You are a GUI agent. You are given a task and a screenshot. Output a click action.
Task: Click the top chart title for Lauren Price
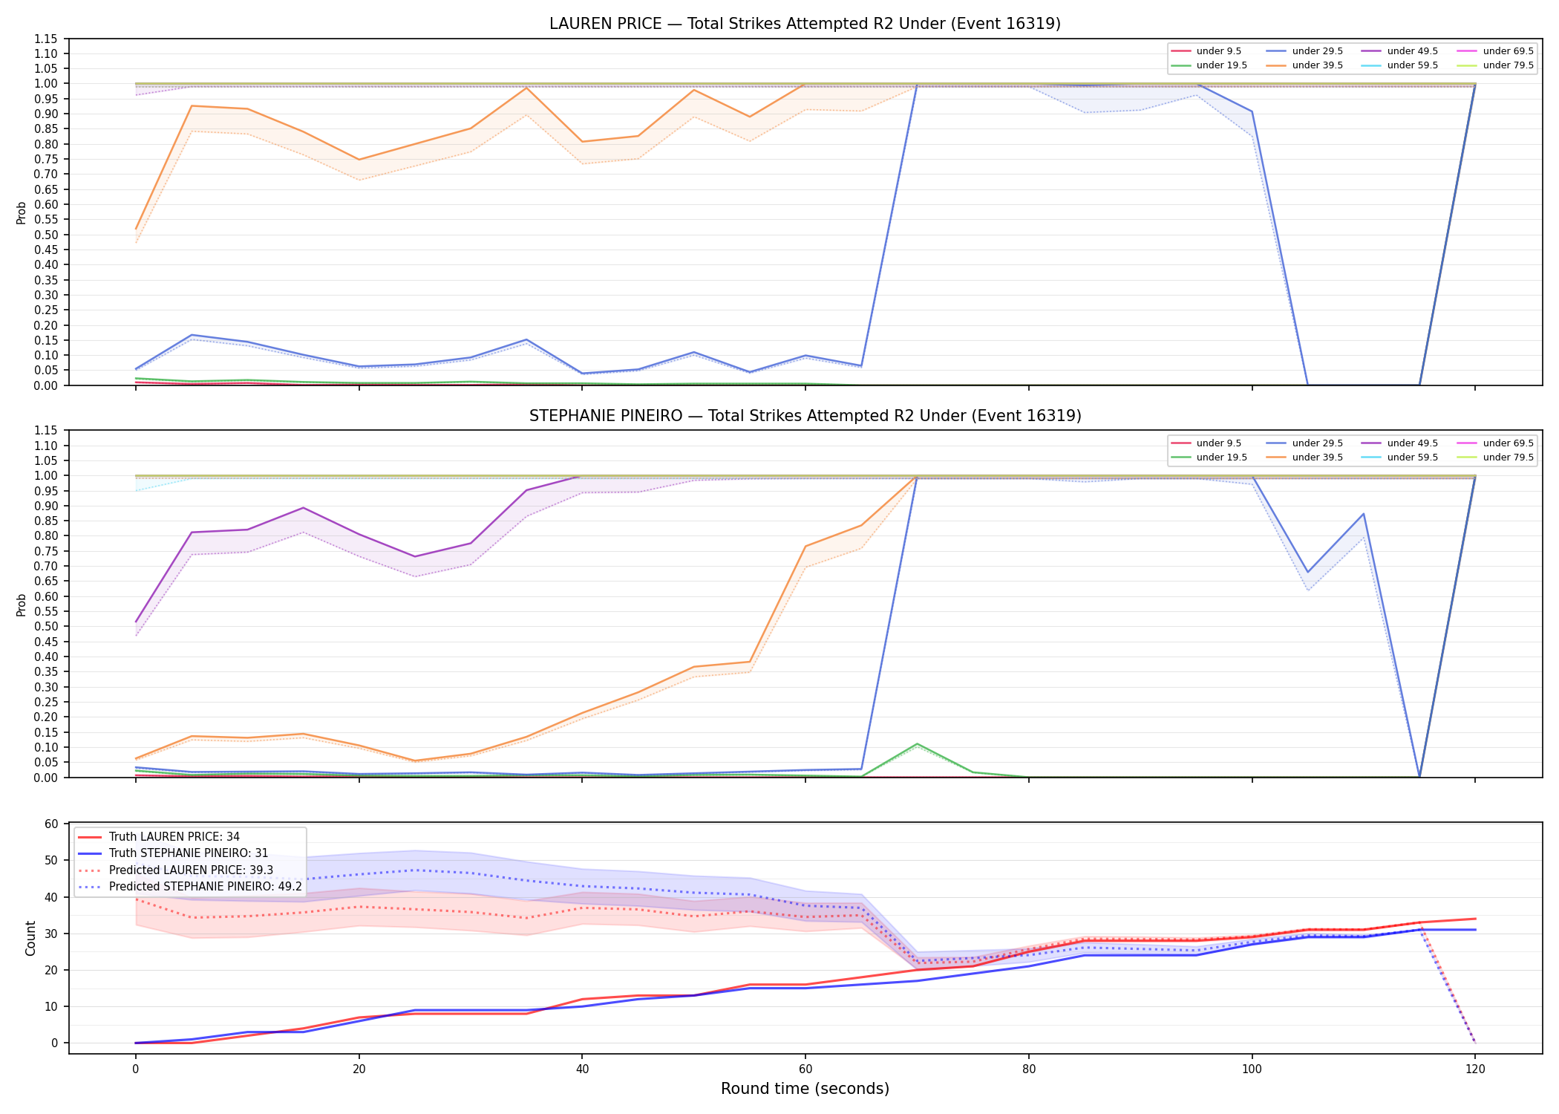coord(805,24)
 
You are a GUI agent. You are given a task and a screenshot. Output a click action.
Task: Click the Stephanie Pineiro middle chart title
coord(805,416)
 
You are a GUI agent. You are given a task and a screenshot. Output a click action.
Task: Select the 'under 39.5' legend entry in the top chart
coord(1317,65)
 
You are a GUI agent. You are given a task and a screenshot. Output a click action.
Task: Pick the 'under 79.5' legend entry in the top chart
coord(1508,65)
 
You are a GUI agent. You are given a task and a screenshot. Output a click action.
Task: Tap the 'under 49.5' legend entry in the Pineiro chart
coord(1412,443)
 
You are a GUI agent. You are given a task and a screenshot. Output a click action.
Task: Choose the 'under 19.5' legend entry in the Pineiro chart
coord(1221,457)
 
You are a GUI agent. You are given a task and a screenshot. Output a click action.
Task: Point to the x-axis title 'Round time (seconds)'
coord(805,1089)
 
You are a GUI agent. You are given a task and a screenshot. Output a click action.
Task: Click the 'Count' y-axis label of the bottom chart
coord(30,938)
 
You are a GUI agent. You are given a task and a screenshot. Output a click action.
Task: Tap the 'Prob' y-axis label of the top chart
coord(22,212)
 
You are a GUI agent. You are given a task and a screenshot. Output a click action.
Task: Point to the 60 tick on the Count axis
coord(51,824)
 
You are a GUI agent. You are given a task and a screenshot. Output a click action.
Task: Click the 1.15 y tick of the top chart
coord(47,39)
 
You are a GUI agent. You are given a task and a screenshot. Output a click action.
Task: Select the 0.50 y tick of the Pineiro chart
coord(47,627)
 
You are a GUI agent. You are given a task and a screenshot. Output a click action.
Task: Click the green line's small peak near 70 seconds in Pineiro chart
coord(918,743)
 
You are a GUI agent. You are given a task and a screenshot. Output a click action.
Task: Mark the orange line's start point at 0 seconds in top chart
coord(136,229)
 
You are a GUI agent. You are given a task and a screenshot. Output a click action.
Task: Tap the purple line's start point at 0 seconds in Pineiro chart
coord(136,622)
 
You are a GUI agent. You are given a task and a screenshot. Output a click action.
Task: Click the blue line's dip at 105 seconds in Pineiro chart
coord(1307,573)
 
